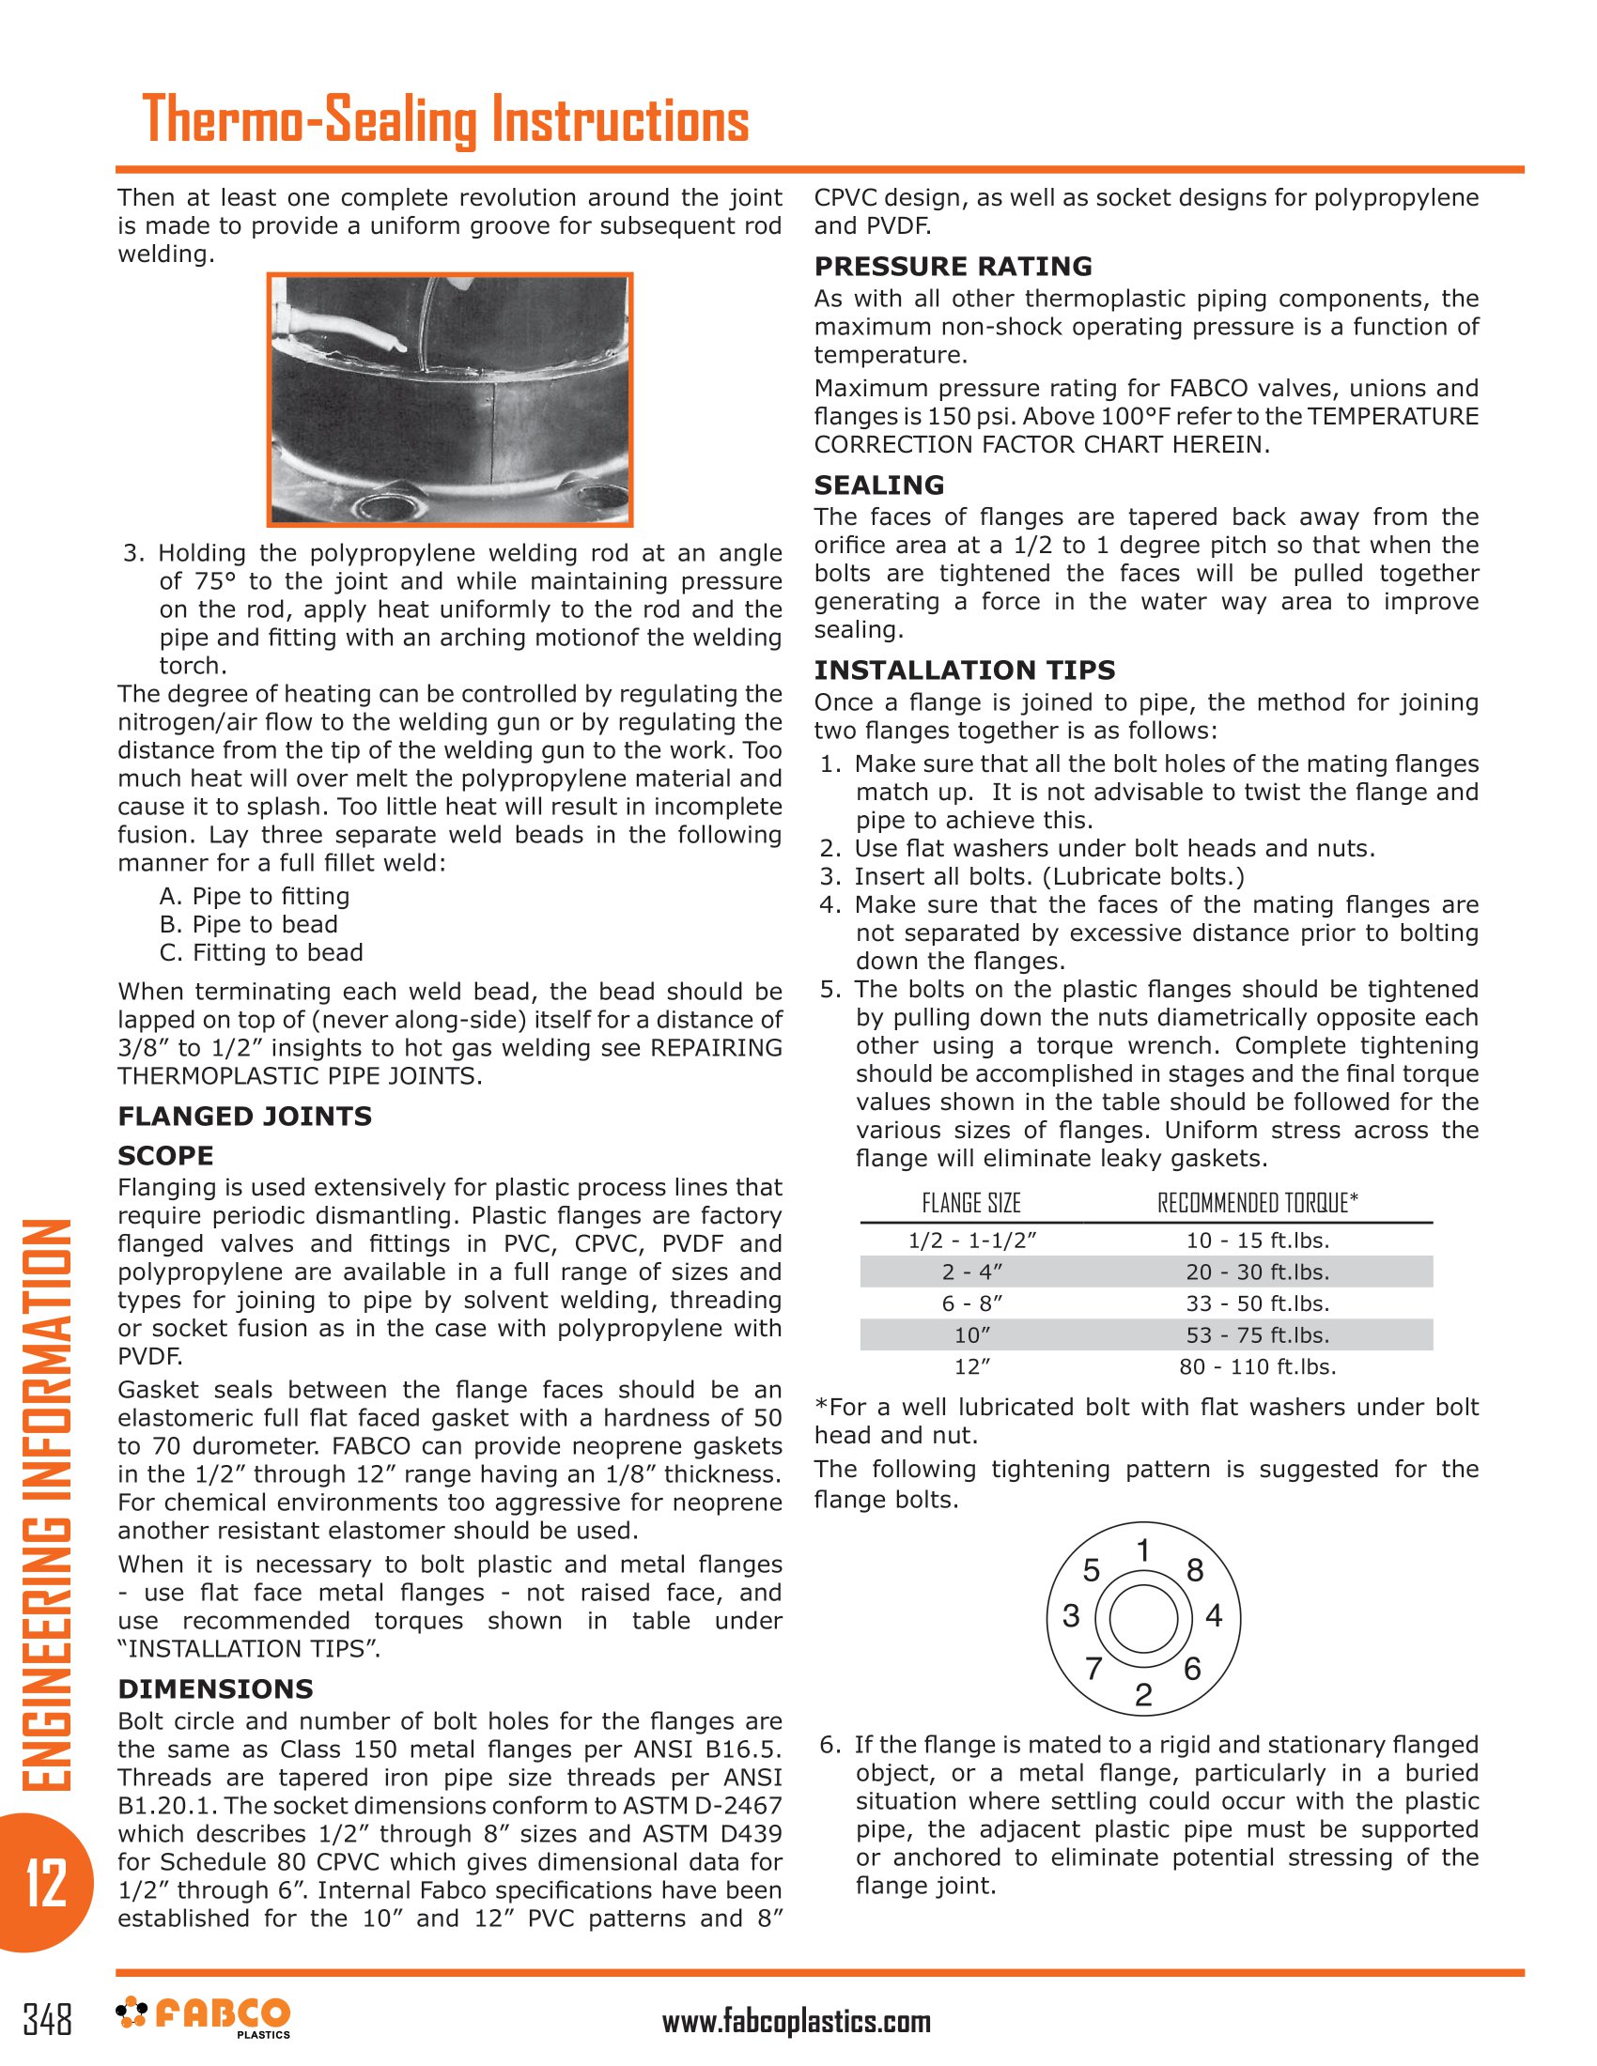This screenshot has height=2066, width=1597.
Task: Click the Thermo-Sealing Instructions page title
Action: pos(444,120)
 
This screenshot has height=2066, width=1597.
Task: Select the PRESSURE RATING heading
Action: pos(953,266)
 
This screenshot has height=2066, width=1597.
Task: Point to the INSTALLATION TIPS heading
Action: pos(964,670)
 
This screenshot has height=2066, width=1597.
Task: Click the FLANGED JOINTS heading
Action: pos(244,1117)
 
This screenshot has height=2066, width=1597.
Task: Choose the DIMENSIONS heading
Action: pos(215,1688)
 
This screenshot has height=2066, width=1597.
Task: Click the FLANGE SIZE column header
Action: pos(970,1203)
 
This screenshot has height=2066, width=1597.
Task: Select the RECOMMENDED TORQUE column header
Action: pos(1256,1203)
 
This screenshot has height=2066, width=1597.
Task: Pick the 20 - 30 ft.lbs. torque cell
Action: pos(1257,1272)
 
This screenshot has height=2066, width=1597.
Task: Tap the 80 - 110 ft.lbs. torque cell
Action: pos(1257,1367)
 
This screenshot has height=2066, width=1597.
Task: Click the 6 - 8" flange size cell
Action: pos(971,1303)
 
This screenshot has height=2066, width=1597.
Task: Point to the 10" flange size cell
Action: pos(971,1335)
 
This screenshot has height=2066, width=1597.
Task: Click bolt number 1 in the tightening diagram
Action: pos(1143,1551)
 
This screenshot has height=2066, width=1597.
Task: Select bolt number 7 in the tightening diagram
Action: pos(1093,1669)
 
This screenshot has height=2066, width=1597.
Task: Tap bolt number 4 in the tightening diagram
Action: pos(1214,1615)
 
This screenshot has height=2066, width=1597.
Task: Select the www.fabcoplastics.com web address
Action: pos(796,2022)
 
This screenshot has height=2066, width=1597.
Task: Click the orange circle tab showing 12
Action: pos(45,1883)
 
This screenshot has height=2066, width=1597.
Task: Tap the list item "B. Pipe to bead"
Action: pos(248,924)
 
